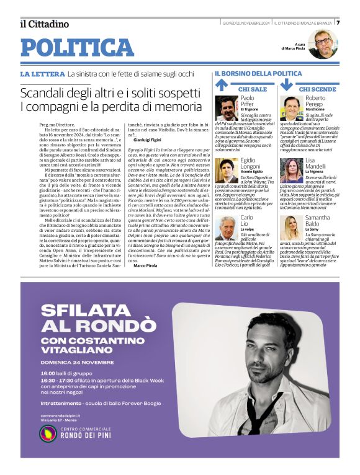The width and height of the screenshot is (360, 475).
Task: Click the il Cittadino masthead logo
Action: click(44, 24)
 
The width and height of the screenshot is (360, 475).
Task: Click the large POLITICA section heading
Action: click(77, 47)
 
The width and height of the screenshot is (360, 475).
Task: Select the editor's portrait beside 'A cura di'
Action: click(322, 44)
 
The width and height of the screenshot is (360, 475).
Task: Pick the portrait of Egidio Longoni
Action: click(227, 170)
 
